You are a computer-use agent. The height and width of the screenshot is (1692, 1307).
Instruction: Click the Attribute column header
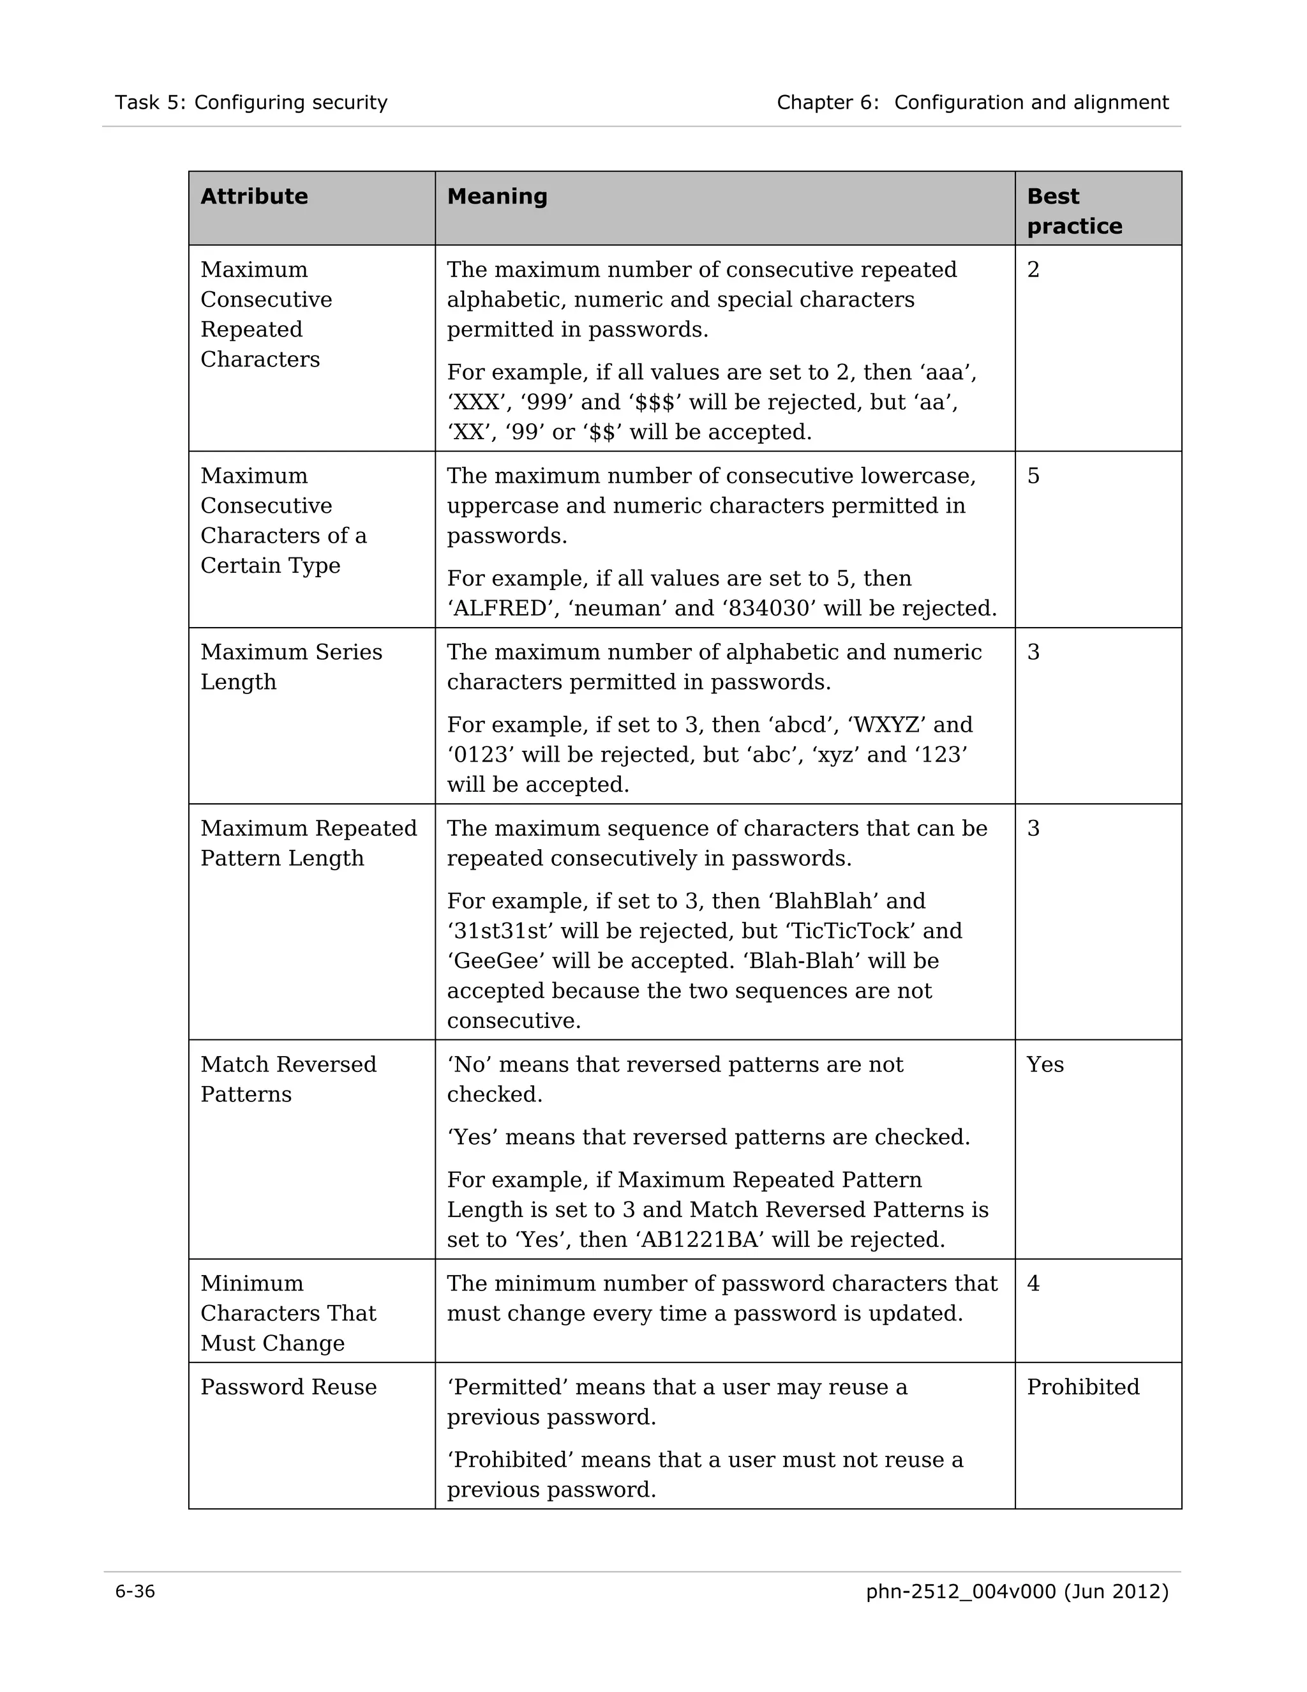[254, 196]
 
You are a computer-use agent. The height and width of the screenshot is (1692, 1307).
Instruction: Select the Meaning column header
[497, 196]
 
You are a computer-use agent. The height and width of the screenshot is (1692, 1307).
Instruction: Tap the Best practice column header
[1074, 211]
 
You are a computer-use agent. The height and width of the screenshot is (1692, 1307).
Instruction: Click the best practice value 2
[1033, 269]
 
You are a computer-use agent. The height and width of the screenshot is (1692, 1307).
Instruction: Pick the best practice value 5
[1033, 476]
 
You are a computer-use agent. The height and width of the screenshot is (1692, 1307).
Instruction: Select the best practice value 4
[1033, 1284]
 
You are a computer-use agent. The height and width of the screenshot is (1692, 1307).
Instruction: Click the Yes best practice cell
[1045, 1064]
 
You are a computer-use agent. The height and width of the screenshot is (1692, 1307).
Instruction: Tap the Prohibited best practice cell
[1082, 1387]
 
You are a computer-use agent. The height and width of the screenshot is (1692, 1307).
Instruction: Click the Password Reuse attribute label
[288, 1387]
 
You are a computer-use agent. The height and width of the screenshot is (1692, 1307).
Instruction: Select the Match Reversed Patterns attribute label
[288, 1079]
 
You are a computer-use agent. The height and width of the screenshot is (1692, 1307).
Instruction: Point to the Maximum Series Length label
[291, 667]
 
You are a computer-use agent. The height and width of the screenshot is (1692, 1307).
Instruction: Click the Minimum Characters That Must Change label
[288, 1313]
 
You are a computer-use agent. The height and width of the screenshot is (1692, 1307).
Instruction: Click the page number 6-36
[135, 1591]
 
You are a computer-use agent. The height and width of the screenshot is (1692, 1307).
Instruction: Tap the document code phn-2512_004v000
[960, 1591]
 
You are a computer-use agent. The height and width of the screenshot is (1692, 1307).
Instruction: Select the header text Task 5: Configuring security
[251, 102]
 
